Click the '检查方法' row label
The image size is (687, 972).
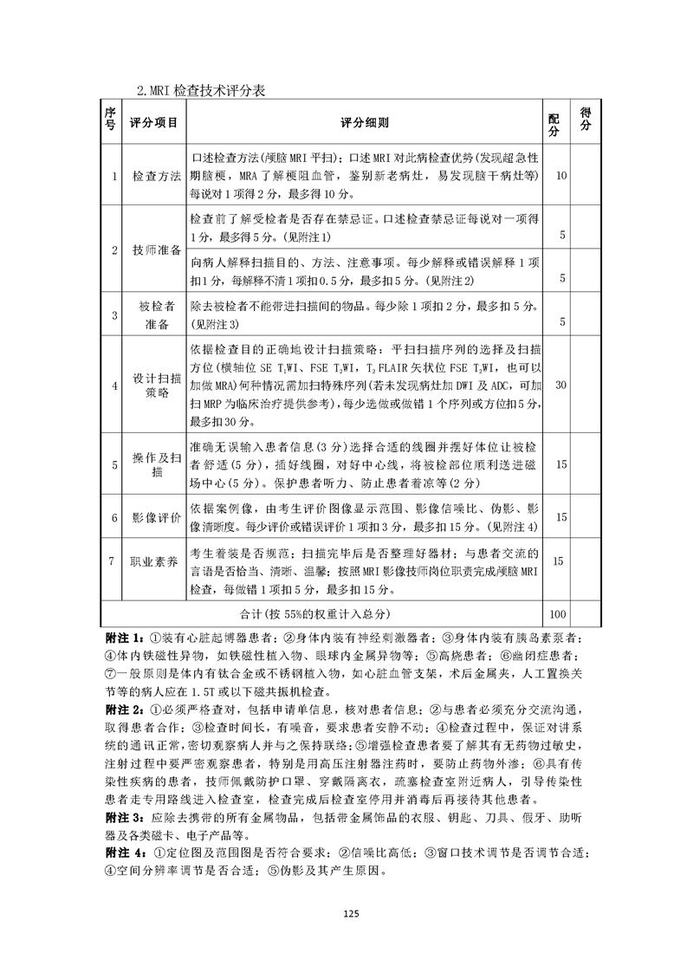click(156, 176)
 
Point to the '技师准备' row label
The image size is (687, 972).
click(156, 250)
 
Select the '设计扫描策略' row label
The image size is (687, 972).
click(156, 385)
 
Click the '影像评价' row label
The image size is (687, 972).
click(156, 517)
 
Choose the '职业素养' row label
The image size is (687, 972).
click(156, 561)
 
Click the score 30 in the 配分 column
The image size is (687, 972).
click(561, 385)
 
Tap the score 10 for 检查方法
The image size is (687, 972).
click(561, 176)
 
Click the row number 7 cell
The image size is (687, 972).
click(113, 561)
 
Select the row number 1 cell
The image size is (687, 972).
click(113, 176)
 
